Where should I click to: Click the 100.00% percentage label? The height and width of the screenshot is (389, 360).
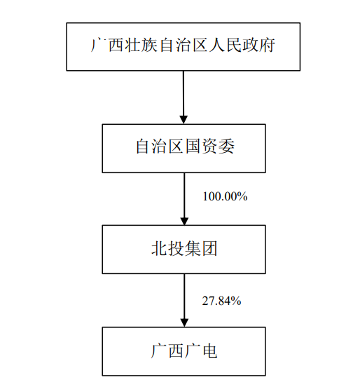click(225, 196)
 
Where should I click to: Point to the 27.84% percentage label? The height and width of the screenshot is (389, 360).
click(221, 301)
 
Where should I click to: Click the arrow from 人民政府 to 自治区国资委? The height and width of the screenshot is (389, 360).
click(184, 97)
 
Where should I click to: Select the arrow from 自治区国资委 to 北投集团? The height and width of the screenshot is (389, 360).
click(184, 199)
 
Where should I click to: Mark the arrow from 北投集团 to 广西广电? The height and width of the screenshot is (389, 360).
click(184, 301)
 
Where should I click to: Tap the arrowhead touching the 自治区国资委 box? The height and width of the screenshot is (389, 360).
click(184, 120)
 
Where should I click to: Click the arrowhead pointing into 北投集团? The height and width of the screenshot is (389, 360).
click(184, 221)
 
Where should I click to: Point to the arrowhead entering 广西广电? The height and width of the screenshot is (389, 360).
click(184, 322)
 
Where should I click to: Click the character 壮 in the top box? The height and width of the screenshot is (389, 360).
click(133, 45)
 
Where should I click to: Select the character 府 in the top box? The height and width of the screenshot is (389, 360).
click(267, 45)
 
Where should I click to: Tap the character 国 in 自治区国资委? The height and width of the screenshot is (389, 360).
click(193, 146)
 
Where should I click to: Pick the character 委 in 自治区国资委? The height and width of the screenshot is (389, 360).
click(226, 146)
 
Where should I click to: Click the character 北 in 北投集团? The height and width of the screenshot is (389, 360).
click(159, 248)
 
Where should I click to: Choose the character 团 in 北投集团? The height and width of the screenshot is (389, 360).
click(209, 248)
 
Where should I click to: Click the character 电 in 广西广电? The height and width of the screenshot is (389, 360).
click(209, 350)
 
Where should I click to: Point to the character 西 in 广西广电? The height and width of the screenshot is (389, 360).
click(176, 350)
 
